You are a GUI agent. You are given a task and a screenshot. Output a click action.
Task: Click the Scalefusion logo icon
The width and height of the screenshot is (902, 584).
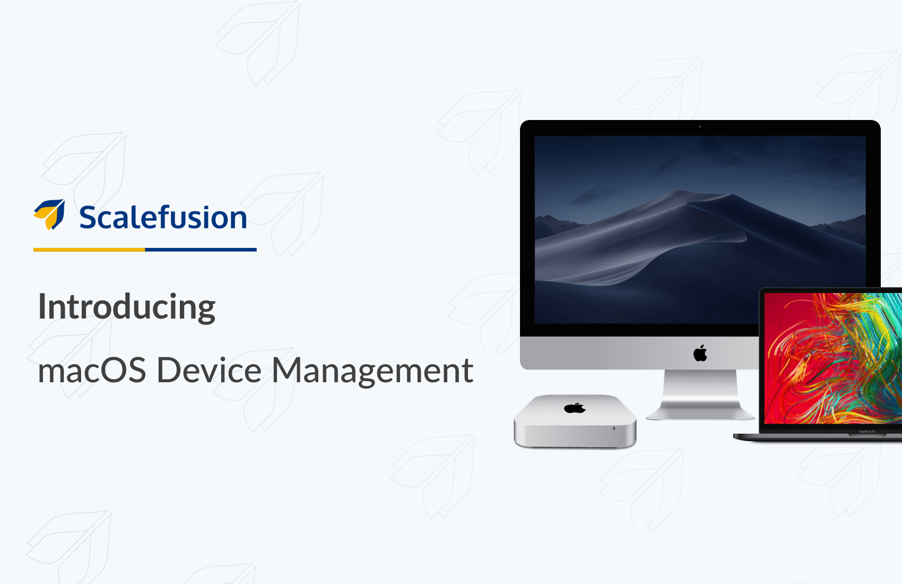[x=49, y=214]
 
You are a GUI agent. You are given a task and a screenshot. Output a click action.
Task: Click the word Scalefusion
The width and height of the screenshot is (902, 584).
[x=163, y=217]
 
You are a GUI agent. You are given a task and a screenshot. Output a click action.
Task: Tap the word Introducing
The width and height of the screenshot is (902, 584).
[x=126, y=307]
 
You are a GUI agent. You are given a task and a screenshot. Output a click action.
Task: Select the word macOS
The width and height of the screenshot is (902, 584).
[x=92, y=371]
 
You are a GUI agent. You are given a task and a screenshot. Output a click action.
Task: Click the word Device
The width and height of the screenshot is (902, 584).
[x=209, y=371]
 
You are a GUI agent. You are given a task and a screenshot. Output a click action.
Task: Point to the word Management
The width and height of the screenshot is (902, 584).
[x=372, y=371]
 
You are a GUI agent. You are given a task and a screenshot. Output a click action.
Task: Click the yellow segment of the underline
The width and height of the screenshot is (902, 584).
[x=89, y=250]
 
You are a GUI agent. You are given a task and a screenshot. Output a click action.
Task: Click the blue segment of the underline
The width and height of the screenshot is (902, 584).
[x=201, y=250]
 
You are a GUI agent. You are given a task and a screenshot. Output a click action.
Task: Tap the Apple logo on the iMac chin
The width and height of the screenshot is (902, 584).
[x=700, y=353]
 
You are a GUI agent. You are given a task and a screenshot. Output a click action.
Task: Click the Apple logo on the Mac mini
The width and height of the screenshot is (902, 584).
[x=575, y=408]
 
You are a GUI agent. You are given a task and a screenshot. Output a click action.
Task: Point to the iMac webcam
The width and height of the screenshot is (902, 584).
[x=700, y=126]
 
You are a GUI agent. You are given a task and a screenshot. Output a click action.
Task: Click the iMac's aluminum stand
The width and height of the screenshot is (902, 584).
[x=700, y=395]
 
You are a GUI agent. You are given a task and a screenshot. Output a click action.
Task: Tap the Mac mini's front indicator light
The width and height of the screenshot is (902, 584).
[x=614, y=428]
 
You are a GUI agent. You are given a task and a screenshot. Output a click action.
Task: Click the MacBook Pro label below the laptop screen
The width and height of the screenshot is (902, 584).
[x=868, y=432]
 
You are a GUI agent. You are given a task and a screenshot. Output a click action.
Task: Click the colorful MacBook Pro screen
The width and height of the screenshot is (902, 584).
[x=833, y=358]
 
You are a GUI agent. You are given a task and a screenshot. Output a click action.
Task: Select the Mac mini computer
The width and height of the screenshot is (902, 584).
[x=575, y=421]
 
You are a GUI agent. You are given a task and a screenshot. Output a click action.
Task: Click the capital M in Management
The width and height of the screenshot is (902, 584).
[x=287, y=370]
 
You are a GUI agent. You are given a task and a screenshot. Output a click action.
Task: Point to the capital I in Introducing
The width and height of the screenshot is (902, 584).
[x=41, y=306]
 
